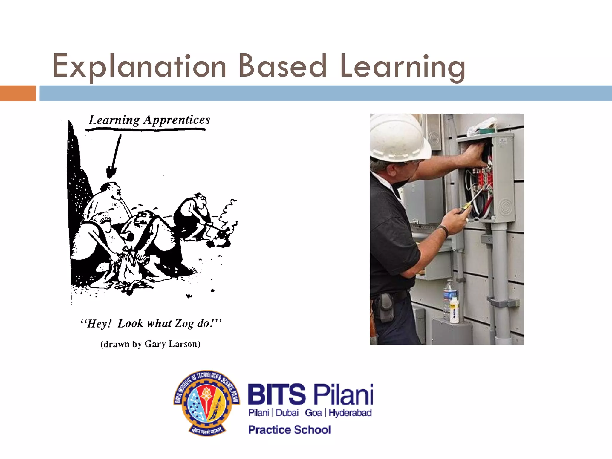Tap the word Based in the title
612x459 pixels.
pyautogui.click(x=282, y=66)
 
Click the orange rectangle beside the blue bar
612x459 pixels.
pyautogui.click(x=18, y=93)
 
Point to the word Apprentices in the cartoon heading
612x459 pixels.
pyautogui.click(x=177, y=120)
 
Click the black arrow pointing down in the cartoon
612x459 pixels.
pyautogui.click(x=115, y=157)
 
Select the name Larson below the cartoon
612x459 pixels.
pyautogui.click(x=184, y=344)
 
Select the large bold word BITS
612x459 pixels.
pyautogui.click(x=277, y=394)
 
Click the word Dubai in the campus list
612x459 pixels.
pyautogui.click(x=287, y=413)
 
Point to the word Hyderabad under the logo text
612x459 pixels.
pyautogui.click(x=350, y=413)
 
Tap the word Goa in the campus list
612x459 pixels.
pyautogui.click(x=313, y=413)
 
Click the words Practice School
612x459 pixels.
pyautogui.click(x=289, y=430)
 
